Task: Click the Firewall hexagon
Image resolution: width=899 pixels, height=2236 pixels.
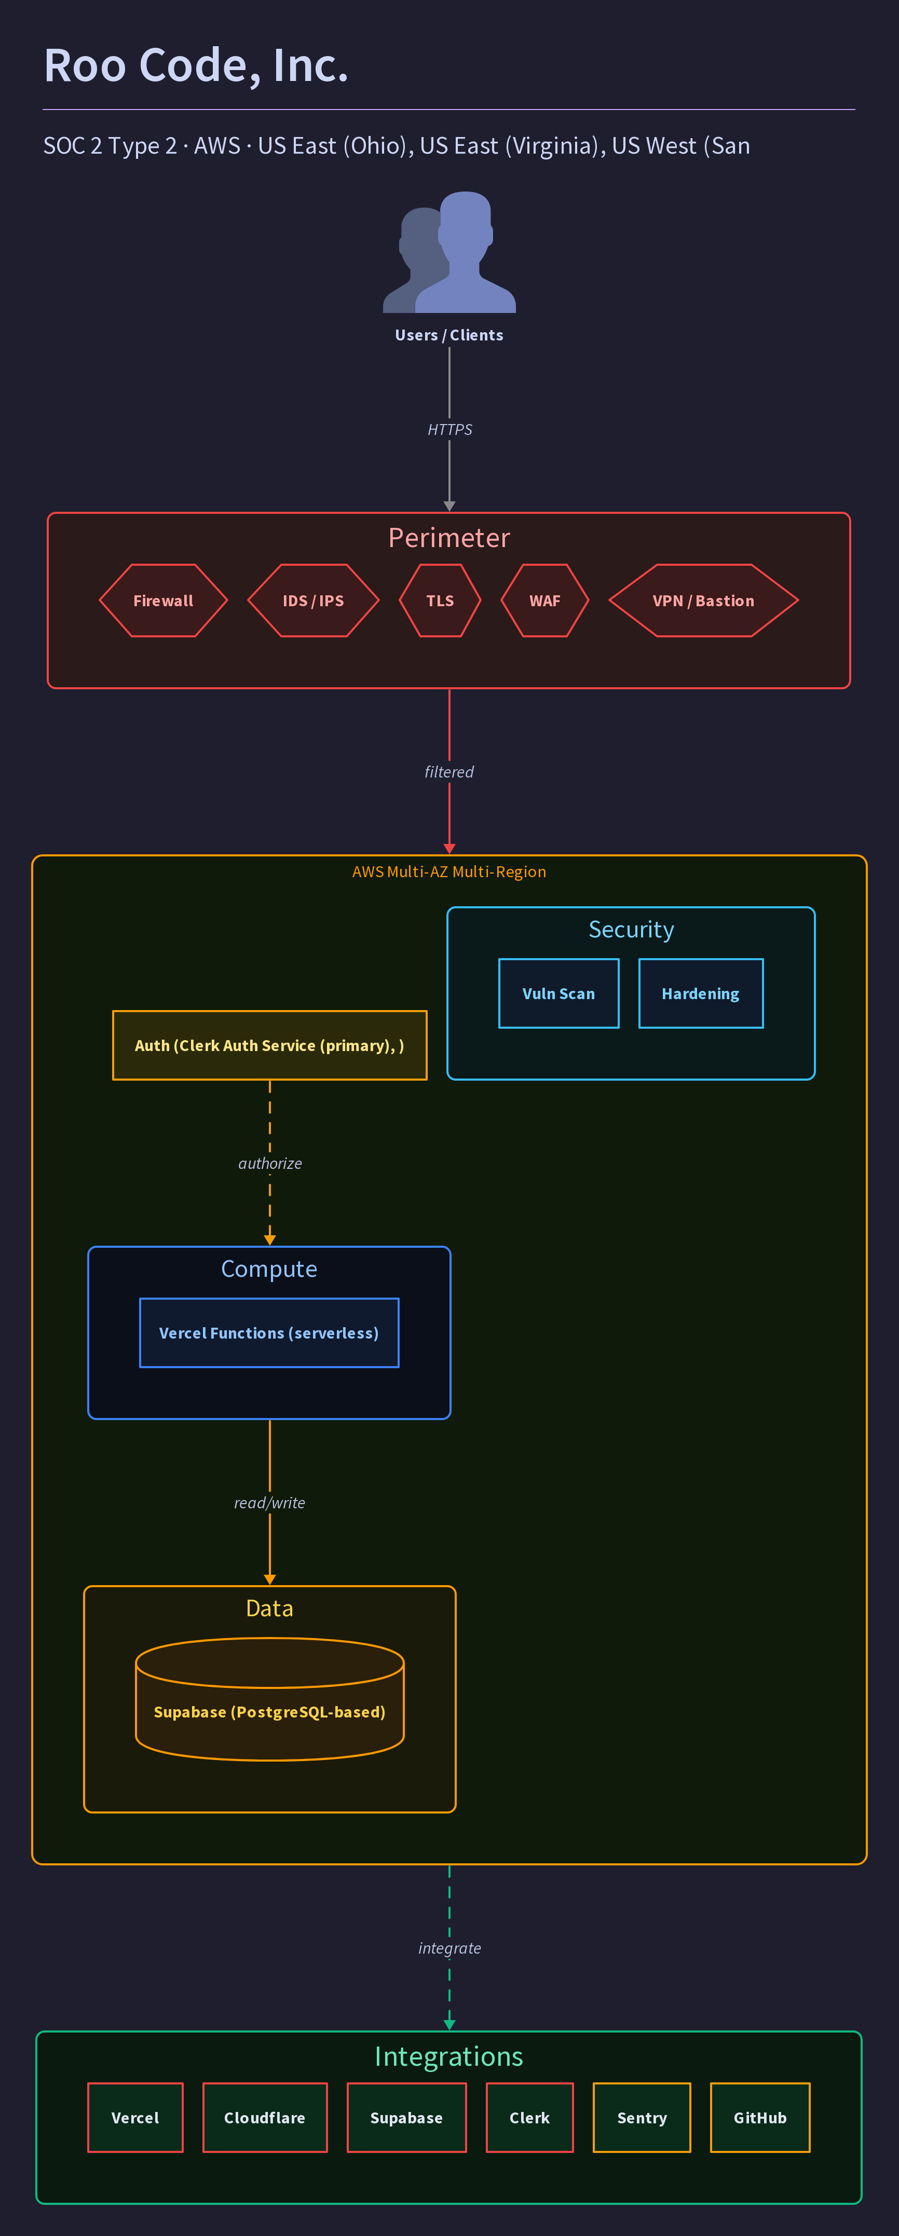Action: click(163, 601)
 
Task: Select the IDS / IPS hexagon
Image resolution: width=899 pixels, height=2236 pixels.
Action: click(314, 601)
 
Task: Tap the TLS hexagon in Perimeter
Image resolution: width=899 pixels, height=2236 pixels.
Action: click(440, 601)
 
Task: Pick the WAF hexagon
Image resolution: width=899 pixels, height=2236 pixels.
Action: click(545, 601)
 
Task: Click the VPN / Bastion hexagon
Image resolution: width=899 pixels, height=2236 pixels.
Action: click(704, 601)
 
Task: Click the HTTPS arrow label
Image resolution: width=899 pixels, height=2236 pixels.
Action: click(450, 430)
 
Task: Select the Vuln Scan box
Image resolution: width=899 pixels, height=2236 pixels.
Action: click(559, 994)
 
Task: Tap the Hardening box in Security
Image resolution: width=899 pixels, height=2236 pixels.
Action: click(701, 994)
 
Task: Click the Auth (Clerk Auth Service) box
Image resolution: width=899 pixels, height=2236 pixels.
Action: click(270, 1045)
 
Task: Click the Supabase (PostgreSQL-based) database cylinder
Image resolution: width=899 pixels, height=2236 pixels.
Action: click(270, 1699)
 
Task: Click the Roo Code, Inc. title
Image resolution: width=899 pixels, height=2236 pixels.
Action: click(196, 66)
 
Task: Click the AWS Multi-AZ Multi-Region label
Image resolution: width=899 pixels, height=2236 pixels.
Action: click(450, 871)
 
